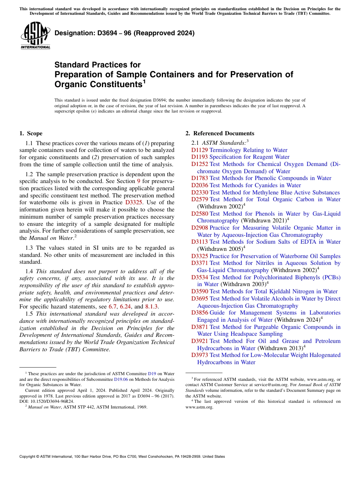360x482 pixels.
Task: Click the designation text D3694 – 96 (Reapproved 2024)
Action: pyautogui.click(x=125, y=33)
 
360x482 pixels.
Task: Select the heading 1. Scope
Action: pyautogui.click(x=31, y=133)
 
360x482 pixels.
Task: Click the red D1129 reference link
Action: pyautogui.click(x=199, y=150)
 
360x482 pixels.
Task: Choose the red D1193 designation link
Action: pyautogui.click(x=199, y=157)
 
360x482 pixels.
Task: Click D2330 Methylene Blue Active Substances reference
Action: pyautogui.click(x=265, y=192)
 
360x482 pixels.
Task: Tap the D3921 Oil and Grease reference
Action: pyautogui.click(x=265, y=341)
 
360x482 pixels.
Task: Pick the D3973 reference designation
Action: pyautogui.click(x=199, y=355)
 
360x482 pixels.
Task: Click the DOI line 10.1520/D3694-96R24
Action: pyautogui.click(x=47, y=401)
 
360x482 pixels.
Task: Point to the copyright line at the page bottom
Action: pyautogui.click(x=122, y=457)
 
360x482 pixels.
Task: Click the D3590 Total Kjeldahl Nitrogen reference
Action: pyautogui.click(x=265, y=291)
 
